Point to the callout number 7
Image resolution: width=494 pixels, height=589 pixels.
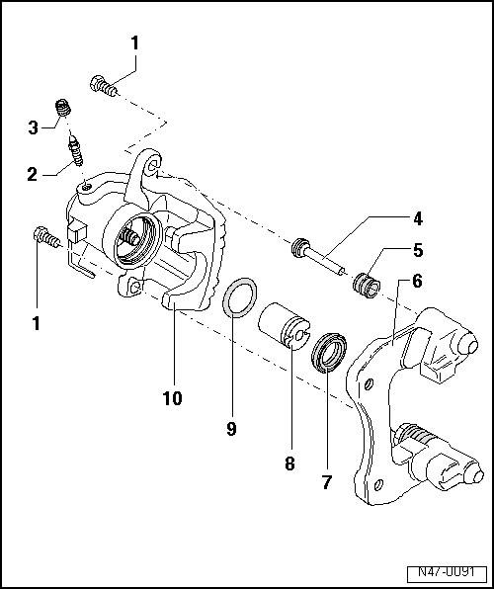coord(326,483)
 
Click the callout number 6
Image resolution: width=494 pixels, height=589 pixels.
coord(417,281)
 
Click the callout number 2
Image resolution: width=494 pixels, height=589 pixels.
coord(34,175)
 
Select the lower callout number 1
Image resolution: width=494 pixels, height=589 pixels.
coord(37,323)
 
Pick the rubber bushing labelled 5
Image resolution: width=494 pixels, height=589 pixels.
coord(367,284)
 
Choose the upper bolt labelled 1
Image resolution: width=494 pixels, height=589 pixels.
coord(102,86)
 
